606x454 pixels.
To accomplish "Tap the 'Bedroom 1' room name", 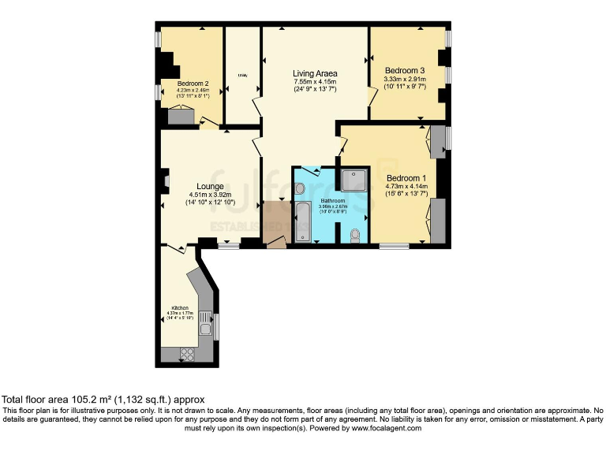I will (406, 177).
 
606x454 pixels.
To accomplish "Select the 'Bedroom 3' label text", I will (404, 70).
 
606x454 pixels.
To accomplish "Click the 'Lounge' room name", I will (200, 186).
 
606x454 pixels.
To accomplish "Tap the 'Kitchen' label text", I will (181, 307).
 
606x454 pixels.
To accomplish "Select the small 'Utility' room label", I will (242, 76).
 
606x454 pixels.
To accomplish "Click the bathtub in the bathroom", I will (303, 221).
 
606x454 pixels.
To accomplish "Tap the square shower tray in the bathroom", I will (354, 180).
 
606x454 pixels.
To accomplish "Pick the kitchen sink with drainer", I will (205, 324).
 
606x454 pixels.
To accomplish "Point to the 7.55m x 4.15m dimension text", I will (315, 82).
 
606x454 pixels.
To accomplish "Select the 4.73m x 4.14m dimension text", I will (406, 186).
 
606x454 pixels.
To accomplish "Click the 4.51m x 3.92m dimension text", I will (200, 195).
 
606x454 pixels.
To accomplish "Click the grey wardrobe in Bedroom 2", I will (181, 117).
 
